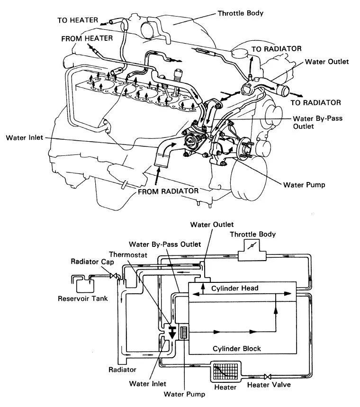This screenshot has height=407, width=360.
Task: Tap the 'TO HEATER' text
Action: coord(78,20)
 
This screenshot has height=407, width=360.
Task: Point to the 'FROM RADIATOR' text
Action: coord(168,191)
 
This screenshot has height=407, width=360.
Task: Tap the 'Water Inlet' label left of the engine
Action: coord(25,138)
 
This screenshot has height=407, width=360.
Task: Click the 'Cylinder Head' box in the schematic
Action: coord(242,288)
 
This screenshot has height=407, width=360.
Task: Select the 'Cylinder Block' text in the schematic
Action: coord(237,348)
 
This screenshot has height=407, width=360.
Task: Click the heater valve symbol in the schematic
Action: coord(268,374)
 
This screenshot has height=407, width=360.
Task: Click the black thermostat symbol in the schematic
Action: coord(172,331)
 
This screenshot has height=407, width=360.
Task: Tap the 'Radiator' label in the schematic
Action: coord(122,369)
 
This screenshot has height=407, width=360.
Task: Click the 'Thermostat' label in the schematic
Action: coord(126,254)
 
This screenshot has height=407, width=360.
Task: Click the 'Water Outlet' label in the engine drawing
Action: coord(327,62)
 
